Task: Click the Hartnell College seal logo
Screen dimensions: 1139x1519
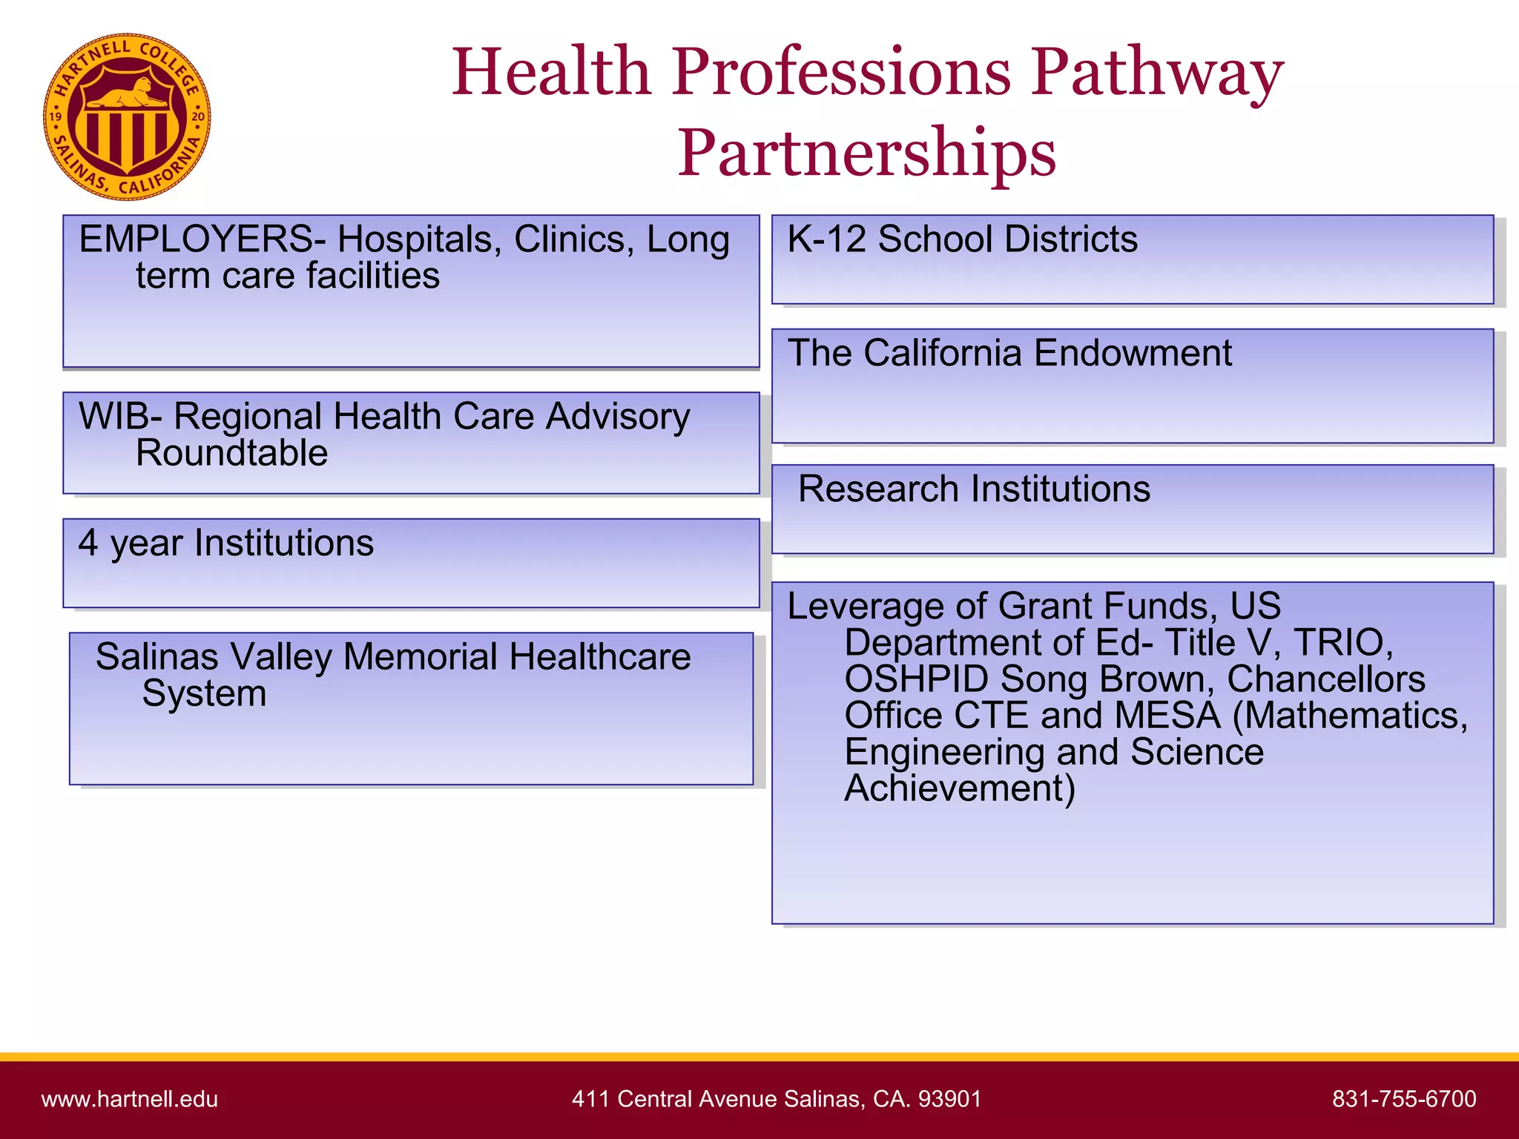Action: tap(127, 116)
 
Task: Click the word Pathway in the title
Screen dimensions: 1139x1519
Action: tap(1157, 72)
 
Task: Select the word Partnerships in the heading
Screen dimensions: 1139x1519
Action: tap(866, 152)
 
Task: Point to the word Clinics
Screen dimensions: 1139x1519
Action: tap(573, 240)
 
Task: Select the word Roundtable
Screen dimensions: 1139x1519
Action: tap(231, 453)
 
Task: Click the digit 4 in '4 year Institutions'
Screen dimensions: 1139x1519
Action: tap(88, 542)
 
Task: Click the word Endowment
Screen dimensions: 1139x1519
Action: tap(1132, 353)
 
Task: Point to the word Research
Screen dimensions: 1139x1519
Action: tap(878, 489)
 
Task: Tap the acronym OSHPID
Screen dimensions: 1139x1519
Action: tap(917, 679)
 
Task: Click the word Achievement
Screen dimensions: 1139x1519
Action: tap(960, 788)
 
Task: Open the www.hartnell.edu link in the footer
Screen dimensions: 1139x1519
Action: tap(130, 1099)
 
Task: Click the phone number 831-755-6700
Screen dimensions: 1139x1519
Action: tap(1404, 1099)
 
